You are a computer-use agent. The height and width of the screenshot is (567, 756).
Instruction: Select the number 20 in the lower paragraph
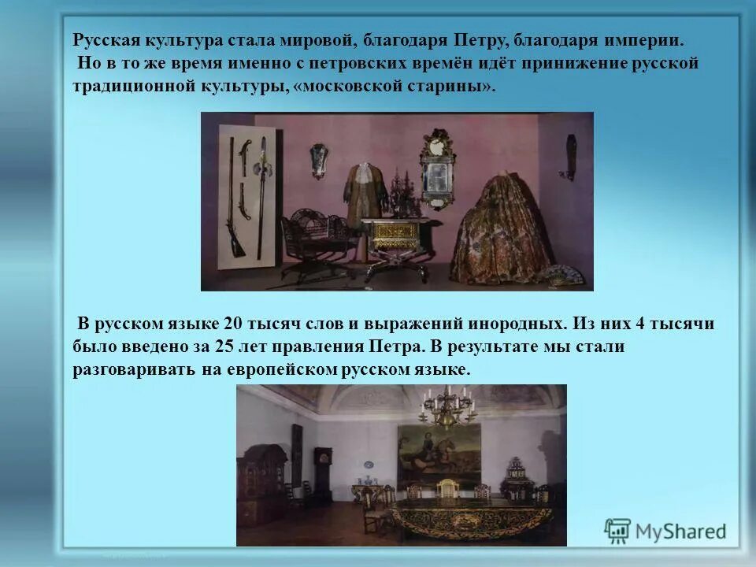pyautogui.click(x=233, y=324)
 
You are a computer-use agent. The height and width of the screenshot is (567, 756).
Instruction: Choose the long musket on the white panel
pyautogui.click(x=233, y=197)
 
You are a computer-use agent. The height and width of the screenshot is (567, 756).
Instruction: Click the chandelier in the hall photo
pyautogui.click(x=444, y=406)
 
